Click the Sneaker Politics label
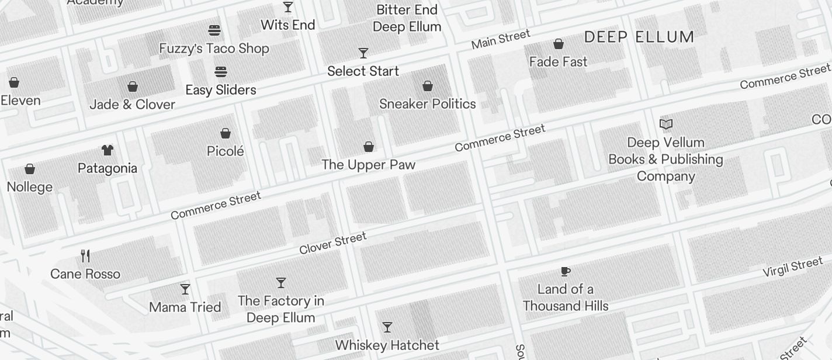coord(427,104)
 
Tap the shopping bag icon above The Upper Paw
coord(369,146)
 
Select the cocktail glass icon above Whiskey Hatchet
coord(387,327)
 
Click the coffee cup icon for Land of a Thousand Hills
coord(565,271)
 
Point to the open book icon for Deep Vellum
coord(665,124)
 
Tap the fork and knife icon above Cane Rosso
coord(85,255)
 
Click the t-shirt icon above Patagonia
coord(107,150)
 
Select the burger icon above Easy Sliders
coord(220,72)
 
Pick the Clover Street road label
coord(332,243)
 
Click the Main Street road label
coord(501,39)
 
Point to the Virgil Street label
coord(792,268)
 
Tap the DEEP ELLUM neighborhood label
coord(639,37)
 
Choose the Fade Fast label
coord(558,62)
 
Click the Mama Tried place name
coord(185,307)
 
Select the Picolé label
coord(225,151)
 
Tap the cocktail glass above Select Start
coord(363,53)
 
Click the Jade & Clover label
coord(132,105)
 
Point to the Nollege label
coord(30,187)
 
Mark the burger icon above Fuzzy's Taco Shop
coord(214,30)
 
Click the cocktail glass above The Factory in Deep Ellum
coord(281,283)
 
